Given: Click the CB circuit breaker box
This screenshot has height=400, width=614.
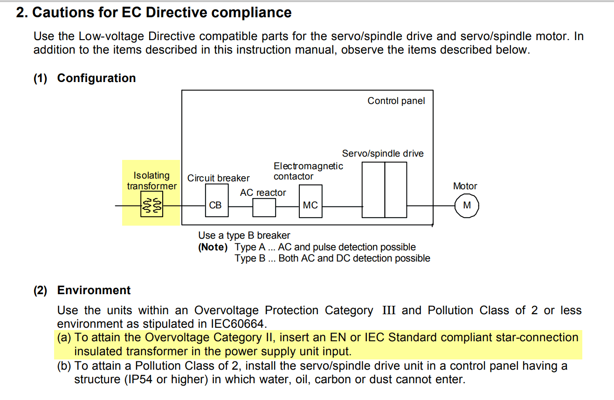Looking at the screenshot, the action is [217, 200].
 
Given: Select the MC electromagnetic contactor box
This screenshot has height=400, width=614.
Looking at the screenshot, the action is [310, 201].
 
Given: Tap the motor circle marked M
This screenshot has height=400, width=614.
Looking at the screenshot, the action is [467, 206].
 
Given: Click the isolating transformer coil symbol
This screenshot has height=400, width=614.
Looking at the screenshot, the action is [152, 204].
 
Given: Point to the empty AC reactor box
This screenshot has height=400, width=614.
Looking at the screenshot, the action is [264, 208].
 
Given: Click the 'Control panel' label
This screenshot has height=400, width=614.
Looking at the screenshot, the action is [396, 101].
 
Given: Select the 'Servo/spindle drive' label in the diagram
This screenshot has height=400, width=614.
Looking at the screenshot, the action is [383, 153].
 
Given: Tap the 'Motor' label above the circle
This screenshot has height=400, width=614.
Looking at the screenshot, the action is [465, 186].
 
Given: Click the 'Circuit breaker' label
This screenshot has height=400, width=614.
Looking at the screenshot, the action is [219, 178].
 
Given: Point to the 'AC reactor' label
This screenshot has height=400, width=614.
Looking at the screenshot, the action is [263, 193].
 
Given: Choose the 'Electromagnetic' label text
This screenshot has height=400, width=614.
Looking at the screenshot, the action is [308, 166].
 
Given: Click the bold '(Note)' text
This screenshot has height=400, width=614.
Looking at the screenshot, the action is [213, 247].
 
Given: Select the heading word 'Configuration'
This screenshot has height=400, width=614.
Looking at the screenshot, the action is [97, 78].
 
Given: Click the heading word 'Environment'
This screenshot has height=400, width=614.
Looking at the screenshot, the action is [94, 290].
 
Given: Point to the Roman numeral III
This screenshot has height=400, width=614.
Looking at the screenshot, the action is [389, 310].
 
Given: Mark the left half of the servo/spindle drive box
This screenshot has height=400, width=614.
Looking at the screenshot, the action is [373, 190].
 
